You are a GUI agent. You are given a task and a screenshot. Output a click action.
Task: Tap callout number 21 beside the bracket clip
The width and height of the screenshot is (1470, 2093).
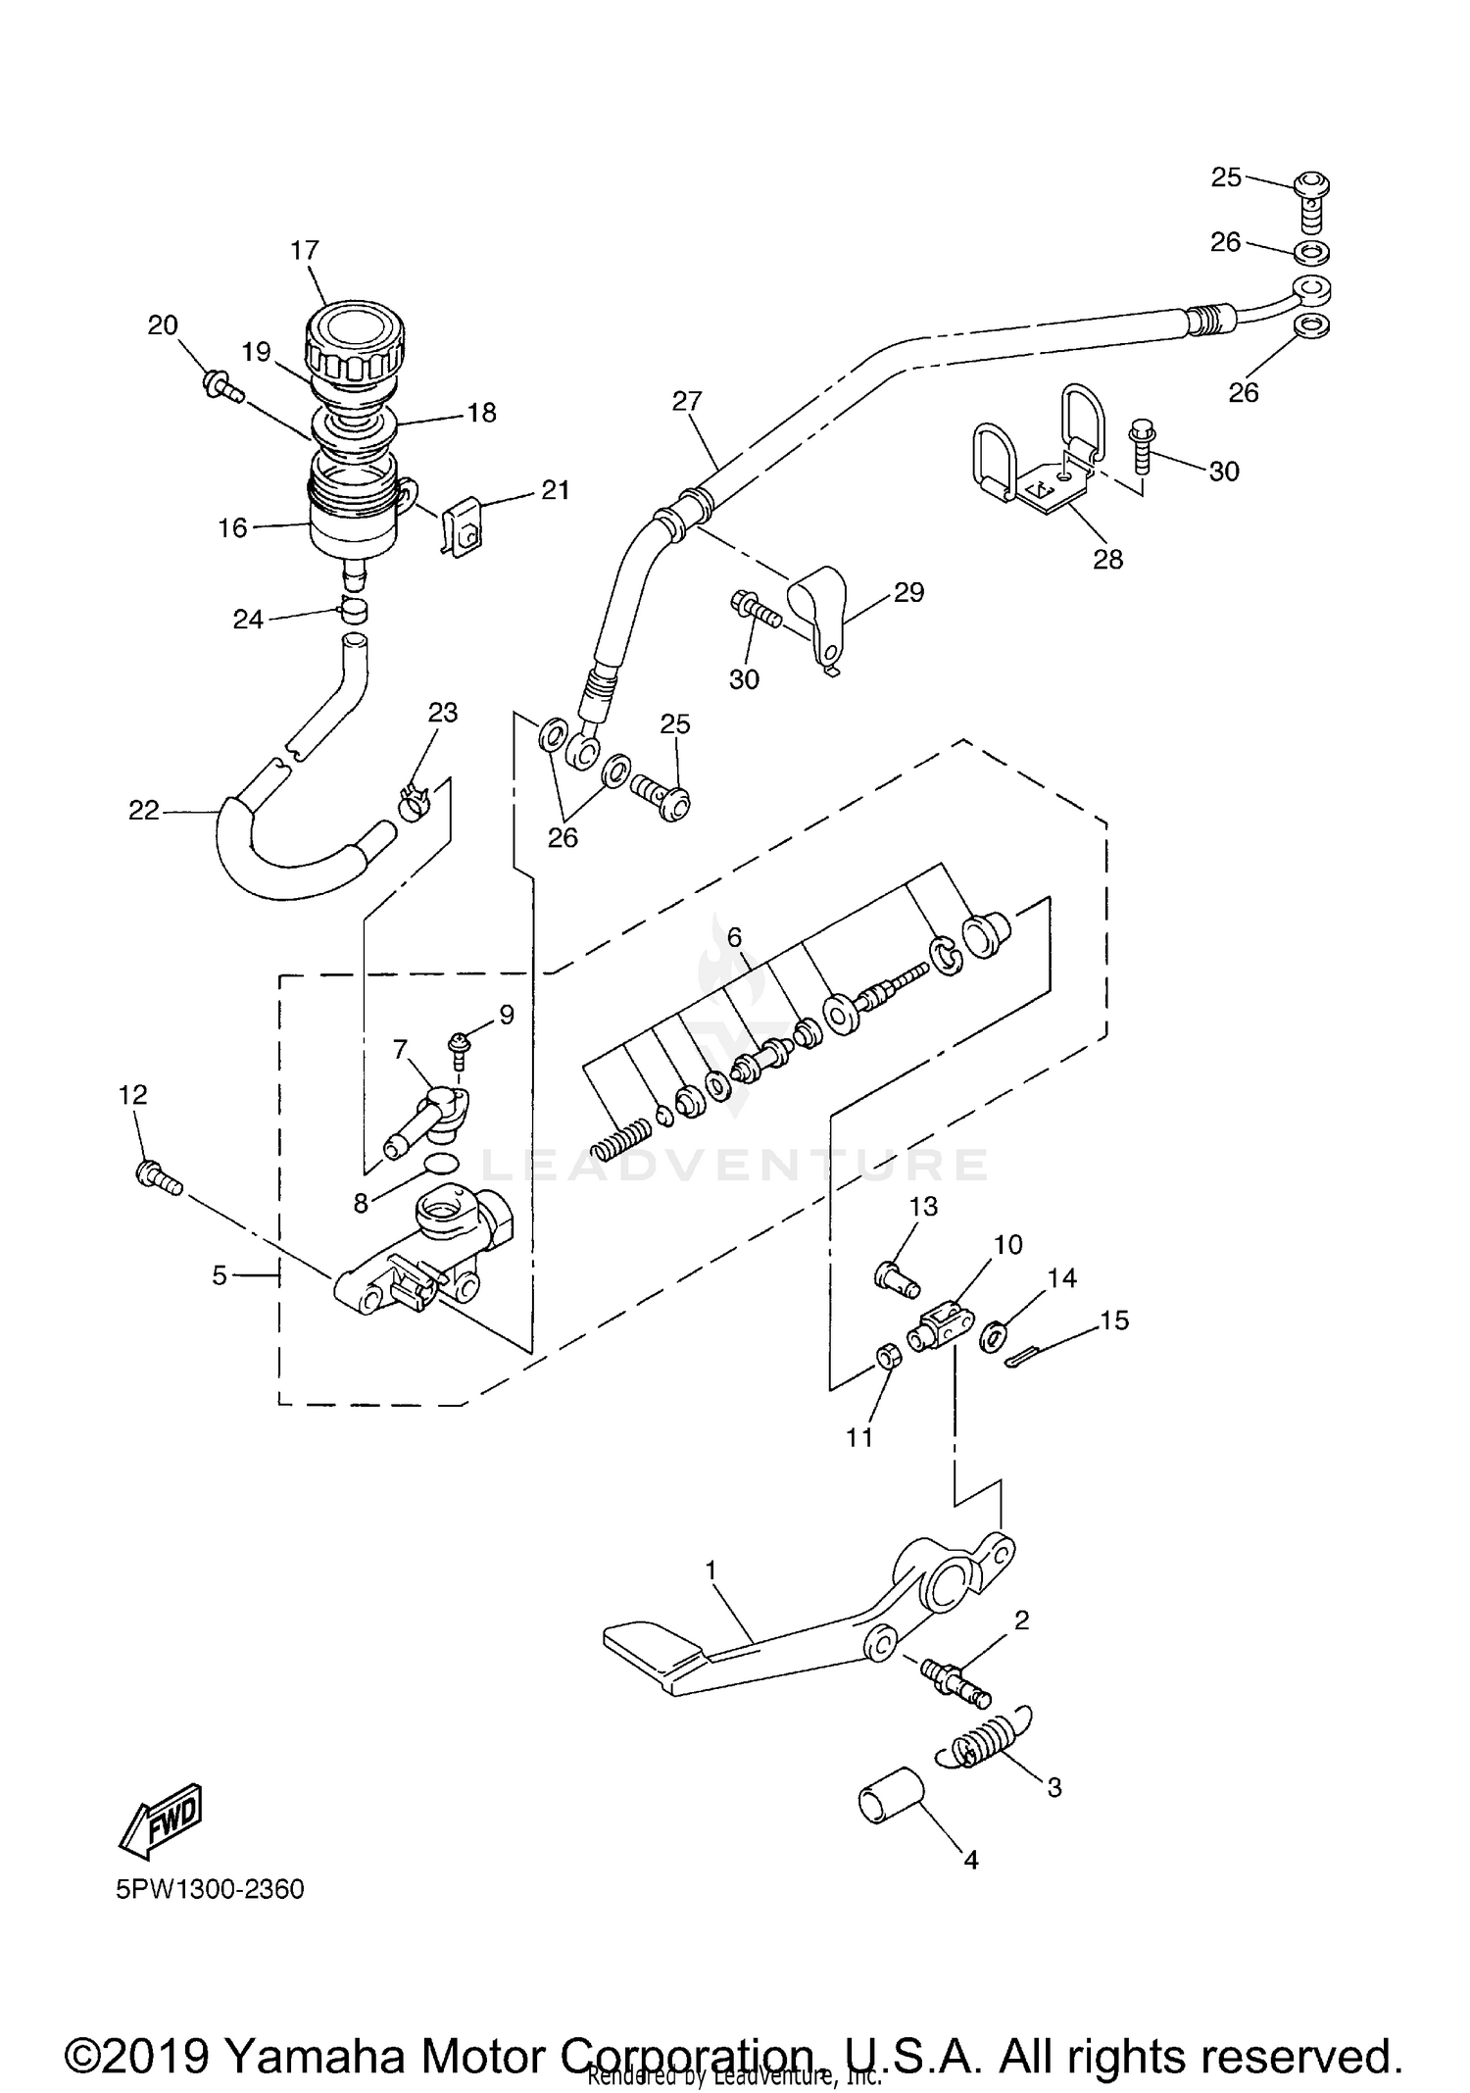click(555, 490)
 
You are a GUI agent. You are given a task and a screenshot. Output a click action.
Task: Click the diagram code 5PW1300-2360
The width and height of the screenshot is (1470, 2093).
click(210, 1889)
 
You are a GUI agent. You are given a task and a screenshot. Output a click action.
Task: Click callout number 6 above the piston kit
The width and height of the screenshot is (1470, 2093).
click(735, 937)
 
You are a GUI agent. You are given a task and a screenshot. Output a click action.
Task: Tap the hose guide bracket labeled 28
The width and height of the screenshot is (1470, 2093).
click(1037, 461)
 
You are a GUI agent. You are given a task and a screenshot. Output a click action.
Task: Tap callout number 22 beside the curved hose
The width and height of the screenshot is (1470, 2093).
click(143, 811)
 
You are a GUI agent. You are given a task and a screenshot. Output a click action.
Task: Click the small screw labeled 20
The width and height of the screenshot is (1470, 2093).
click(222, 385)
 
